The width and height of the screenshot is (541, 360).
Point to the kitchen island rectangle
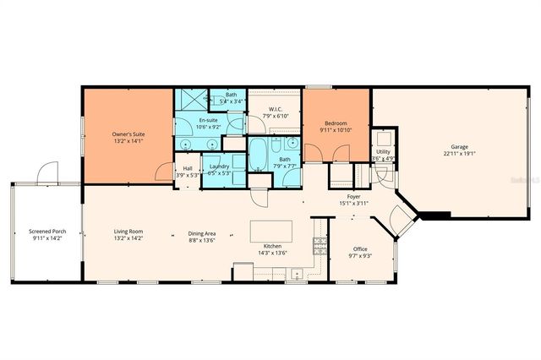271,232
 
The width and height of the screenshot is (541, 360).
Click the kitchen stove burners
320,246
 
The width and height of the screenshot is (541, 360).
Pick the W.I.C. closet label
275,108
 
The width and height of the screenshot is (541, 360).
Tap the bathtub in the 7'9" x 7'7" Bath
258,157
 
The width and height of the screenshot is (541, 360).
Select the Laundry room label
219,167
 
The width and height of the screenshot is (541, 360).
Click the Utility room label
383,151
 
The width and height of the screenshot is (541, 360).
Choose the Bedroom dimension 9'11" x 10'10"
336,129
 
